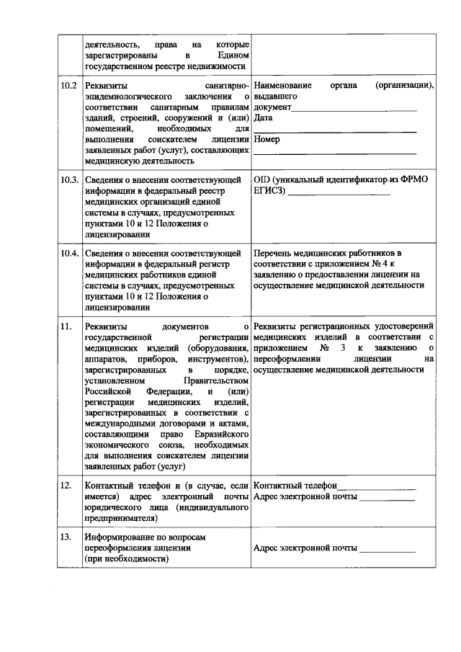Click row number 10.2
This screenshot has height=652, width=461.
tap(68, 85)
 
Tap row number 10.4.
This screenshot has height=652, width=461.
tap(69, 254)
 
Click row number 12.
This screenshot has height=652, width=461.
tap(66, 486)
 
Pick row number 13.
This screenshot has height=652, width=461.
tap(66, 537)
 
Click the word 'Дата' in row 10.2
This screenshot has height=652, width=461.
tap(264, 117)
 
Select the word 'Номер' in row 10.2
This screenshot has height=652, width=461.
tap(267, 139)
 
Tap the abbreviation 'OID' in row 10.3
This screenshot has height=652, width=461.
tap(263, 179)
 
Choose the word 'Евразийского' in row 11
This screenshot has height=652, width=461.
tap(221, 434)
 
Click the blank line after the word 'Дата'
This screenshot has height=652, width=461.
tap(336, 130)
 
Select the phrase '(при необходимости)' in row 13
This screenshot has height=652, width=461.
tap(126, 558)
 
